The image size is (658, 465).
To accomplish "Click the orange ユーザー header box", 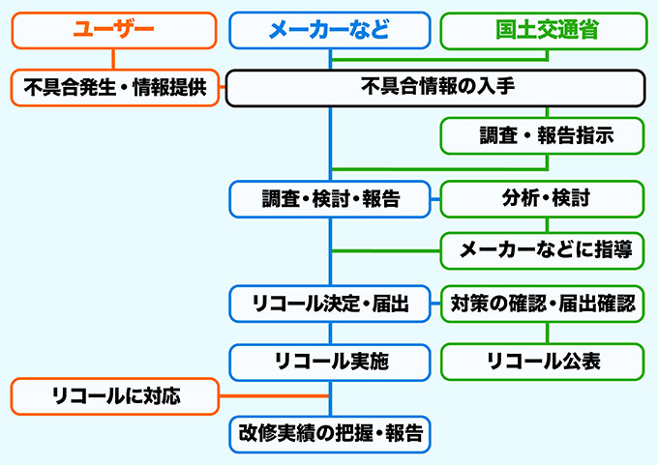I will [x=113, y=30].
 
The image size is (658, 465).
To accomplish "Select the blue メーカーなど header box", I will [x=329, y=30].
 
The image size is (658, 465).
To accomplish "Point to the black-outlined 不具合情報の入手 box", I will [x=435, y=87].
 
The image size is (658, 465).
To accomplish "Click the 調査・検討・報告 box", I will [x=330, y=200].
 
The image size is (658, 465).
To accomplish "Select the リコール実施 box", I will [x=330, y=362].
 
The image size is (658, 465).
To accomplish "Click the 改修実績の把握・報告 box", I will [x=330, y=434].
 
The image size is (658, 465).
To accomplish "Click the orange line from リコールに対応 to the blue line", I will [x=275, y=395].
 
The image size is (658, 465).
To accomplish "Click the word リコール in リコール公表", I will [x=524, y=362].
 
